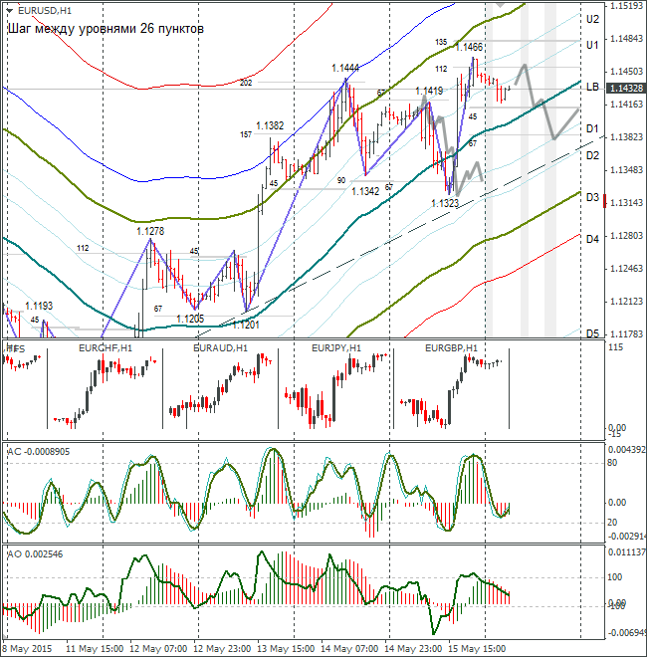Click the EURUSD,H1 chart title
tap(38, 9)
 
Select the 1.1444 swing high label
tap(345, 68)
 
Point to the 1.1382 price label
tap(270, 126)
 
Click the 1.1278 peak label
tap(150, 231)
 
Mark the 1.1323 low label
tap(445, 203)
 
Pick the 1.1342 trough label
tap(365, 191)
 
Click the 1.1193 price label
tap(39, 306)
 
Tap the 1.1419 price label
tap(430, 92)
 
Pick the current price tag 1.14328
tap(624, 89)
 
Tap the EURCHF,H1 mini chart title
tap(105, 348)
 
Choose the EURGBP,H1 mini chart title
tap(451, 348)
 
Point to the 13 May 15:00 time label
tap(287, 647)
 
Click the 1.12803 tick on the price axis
tap(623, 236)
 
